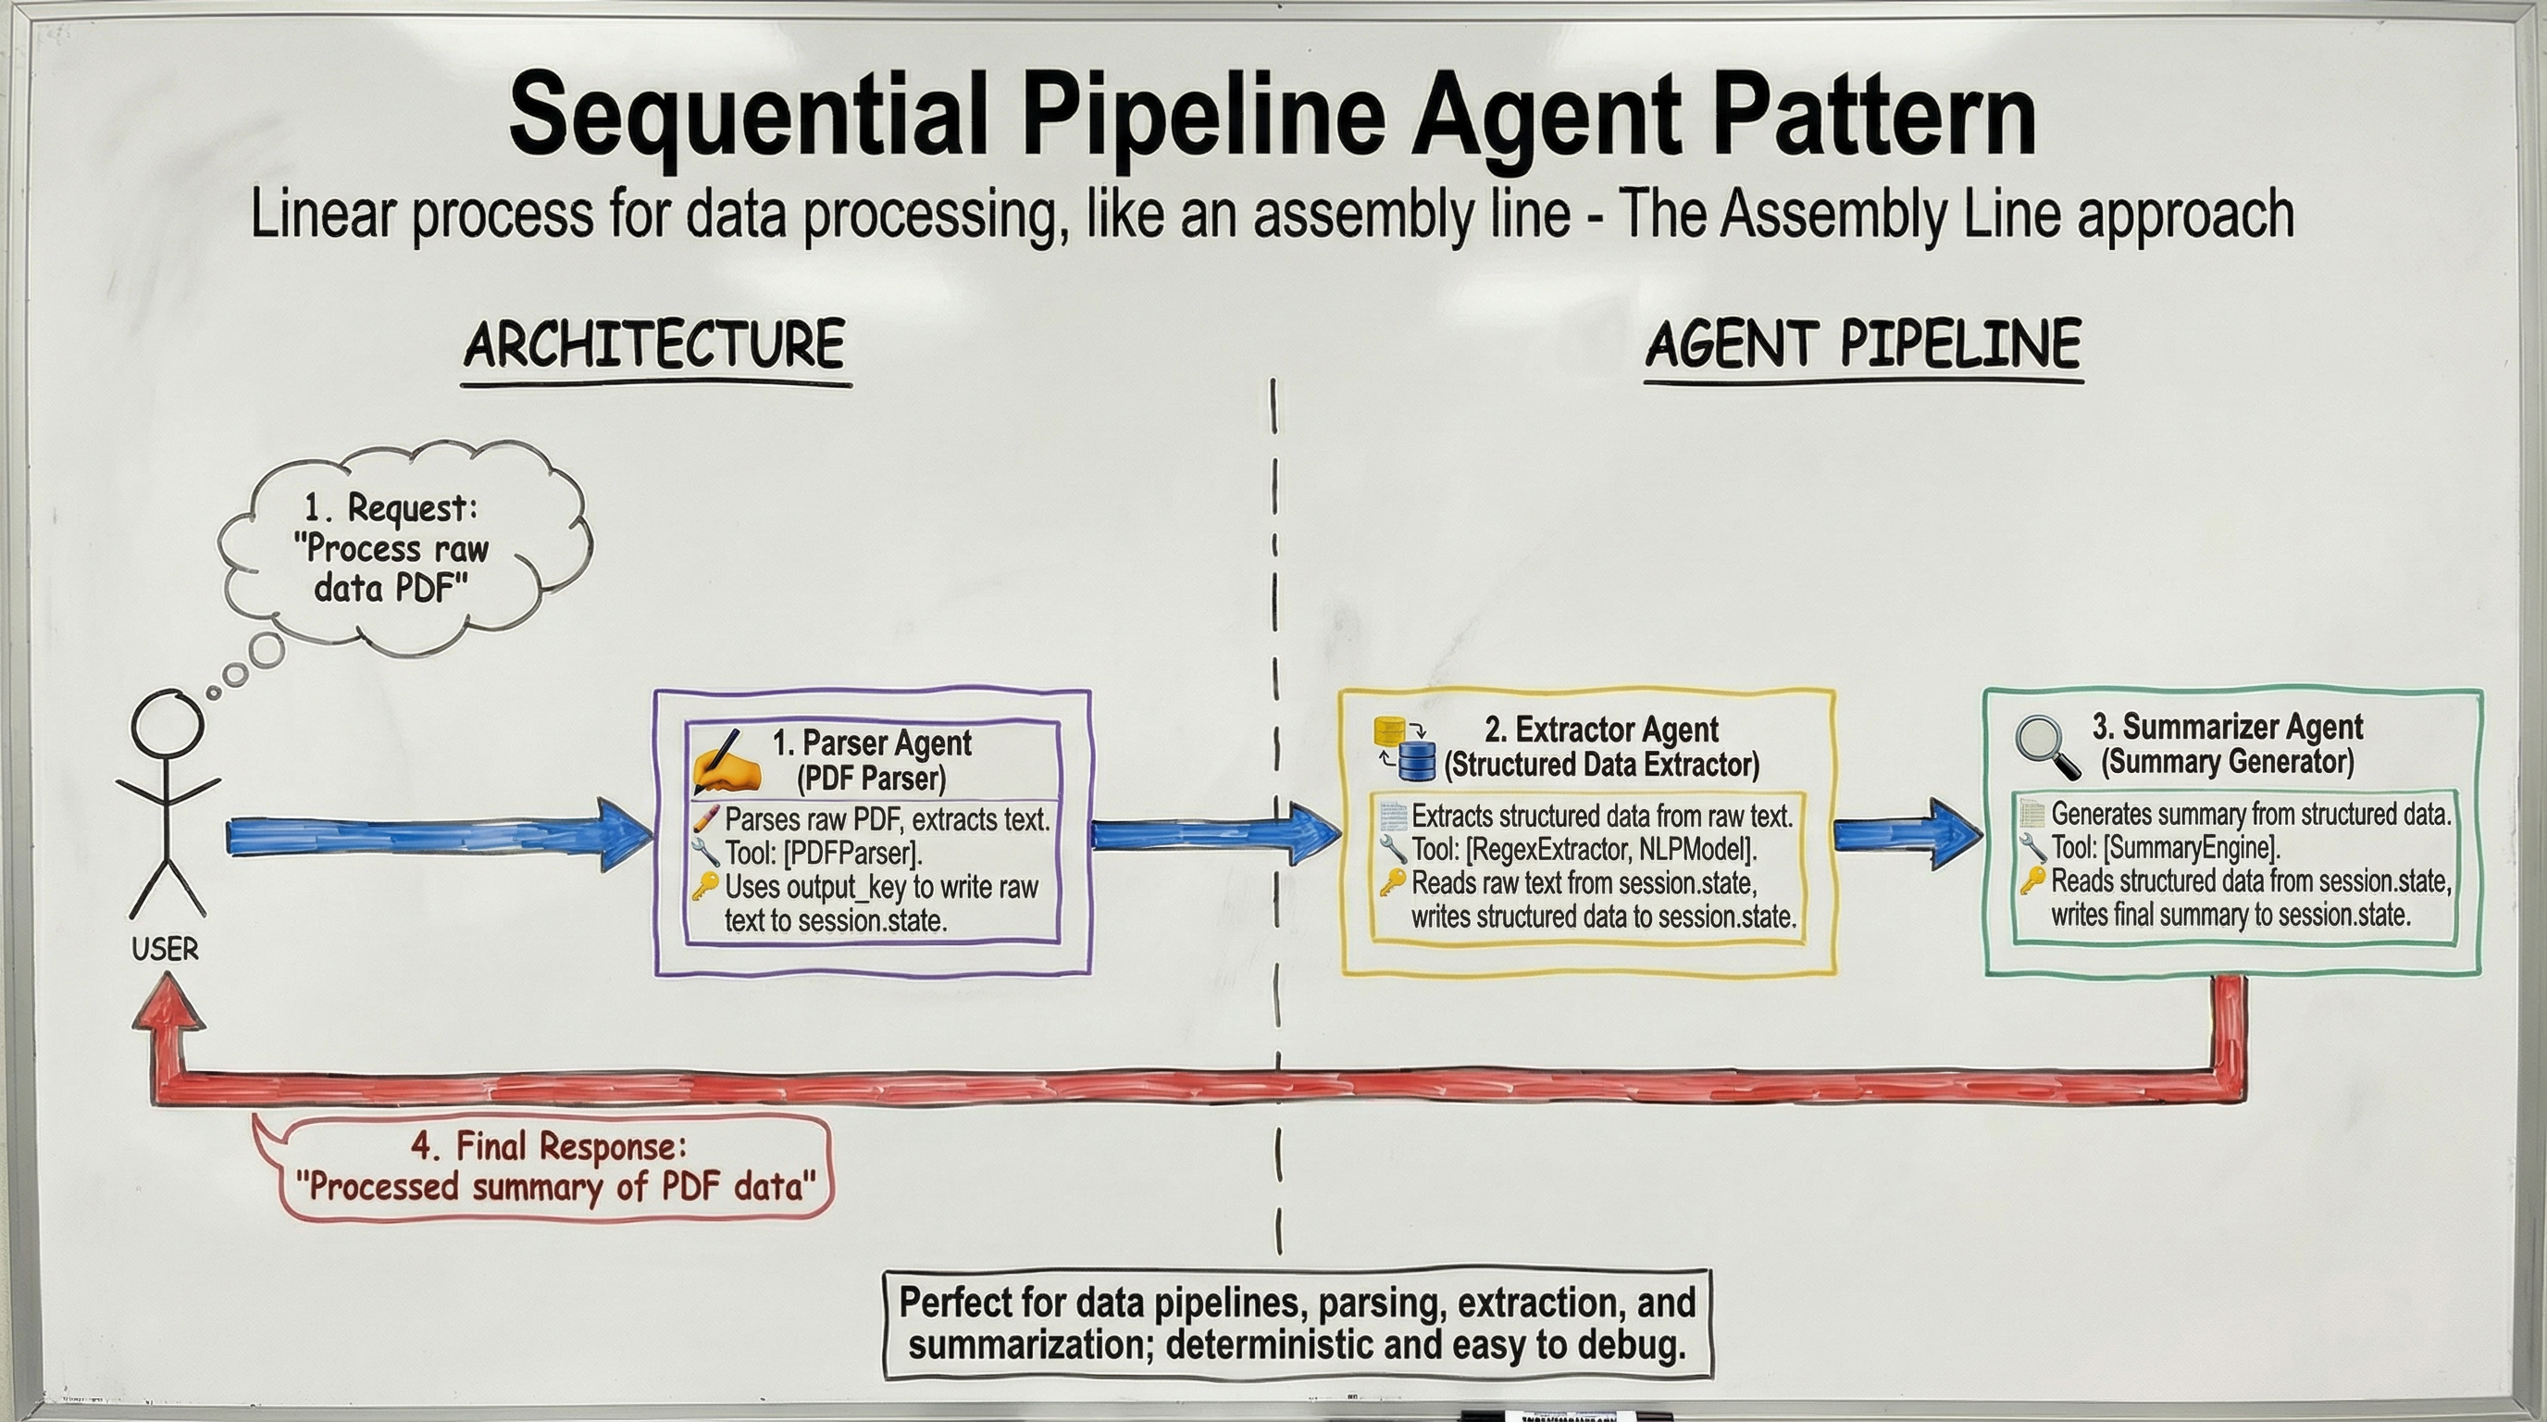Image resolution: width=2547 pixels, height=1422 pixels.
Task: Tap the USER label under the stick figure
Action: click(x=165, y=949)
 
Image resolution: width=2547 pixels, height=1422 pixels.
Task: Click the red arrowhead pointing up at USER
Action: click(x=168, y=1001)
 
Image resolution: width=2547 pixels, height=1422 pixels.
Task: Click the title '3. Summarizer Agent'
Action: click(x=2227, y=727)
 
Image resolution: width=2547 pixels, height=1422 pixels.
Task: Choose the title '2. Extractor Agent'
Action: click(x=1601, y=730)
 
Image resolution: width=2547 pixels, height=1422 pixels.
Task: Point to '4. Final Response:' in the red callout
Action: click(x=549, y=1146)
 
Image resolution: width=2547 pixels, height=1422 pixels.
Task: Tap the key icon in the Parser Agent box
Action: click(x=704, y=885)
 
